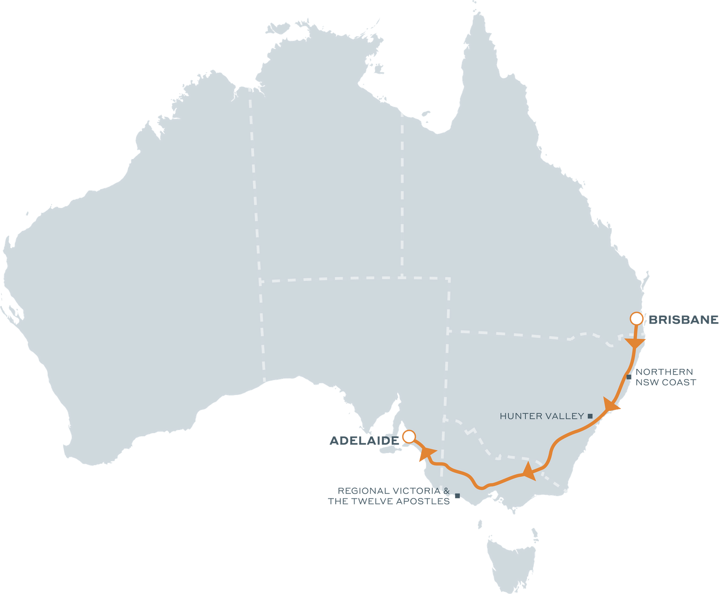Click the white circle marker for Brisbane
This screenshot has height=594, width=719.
[636, 319]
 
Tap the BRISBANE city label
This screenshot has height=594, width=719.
[683, 319]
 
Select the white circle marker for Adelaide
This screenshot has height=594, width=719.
[409, 436]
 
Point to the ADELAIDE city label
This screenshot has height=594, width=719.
[364, 441]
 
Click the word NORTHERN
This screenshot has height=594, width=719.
[664, 372]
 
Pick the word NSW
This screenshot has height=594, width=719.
[645, 382]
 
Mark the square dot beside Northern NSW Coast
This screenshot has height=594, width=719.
[629, 377]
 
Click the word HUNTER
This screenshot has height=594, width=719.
[517, 416]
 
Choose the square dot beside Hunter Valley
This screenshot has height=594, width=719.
[590, 416]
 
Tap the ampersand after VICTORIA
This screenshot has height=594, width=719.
[446, 491]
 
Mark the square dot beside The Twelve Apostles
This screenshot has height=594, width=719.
[457, 496]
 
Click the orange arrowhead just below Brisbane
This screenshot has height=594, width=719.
[635, 343]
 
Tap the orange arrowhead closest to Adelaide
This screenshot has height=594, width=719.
[426, 453]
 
